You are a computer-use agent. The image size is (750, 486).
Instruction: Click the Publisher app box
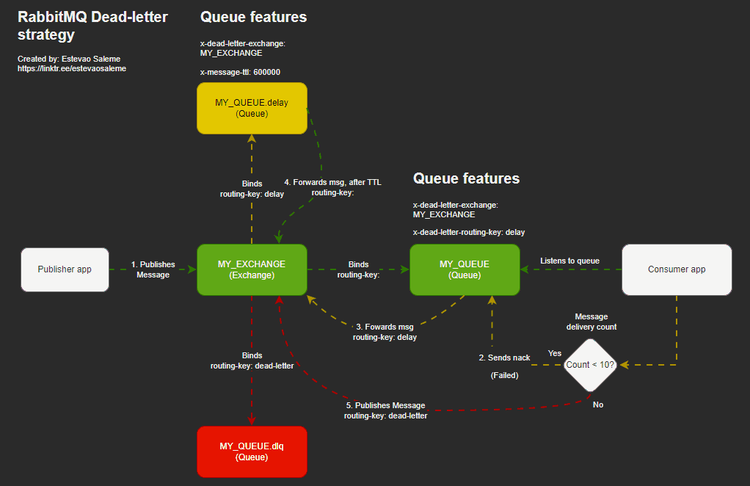pyautogui.click(x=65, y=269)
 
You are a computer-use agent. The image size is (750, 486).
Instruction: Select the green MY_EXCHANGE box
pyautogui.click(x=252, y=269)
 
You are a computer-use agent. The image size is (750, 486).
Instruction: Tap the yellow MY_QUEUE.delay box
pyautogui.click(x=252, y=108)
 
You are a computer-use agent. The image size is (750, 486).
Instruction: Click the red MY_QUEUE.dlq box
pyautogui.click(x=252, y=451)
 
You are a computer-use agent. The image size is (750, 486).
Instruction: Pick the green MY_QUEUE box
pyautogui.click(x=464, y=269)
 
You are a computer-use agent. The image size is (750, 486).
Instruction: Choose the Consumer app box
pyautogui.click(x=677, y=269)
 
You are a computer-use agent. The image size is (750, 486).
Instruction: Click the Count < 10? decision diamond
pyautogui.click(x=589, y=364)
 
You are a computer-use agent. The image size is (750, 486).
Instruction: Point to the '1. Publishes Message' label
pyautogui.click(x=153, y=269)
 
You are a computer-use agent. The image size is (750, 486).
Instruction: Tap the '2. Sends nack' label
pyautogui.click(x=504, y=358)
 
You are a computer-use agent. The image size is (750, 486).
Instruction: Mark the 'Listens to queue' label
pyautogui.click(x=569, y=261)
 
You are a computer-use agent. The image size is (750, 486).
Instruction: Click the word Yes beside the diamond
pyautogui.click(x=555, y=353)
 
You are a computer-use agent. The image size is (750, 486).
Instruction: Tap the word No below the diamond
pyautogui.click(x=598, y=405)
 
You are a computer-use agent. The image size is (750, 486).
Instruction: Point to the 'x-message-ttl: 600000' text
pyautogui.click(x=240, y=72)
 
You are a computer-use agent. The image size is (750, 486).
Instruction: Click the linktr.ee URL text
pyautogui.click(x=72, y=68)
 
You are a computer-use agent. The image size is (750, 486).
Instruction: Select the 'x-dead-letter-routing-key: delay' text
pyautogui.click(x=468, y=232)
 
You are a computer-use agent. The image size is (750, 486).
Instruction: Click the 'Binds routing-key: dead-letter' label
pyautogui.click(x=252, y=360)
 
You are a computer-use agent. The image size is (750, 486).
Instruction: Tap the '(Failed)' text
pyautogui.click(x=504, y=375)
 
